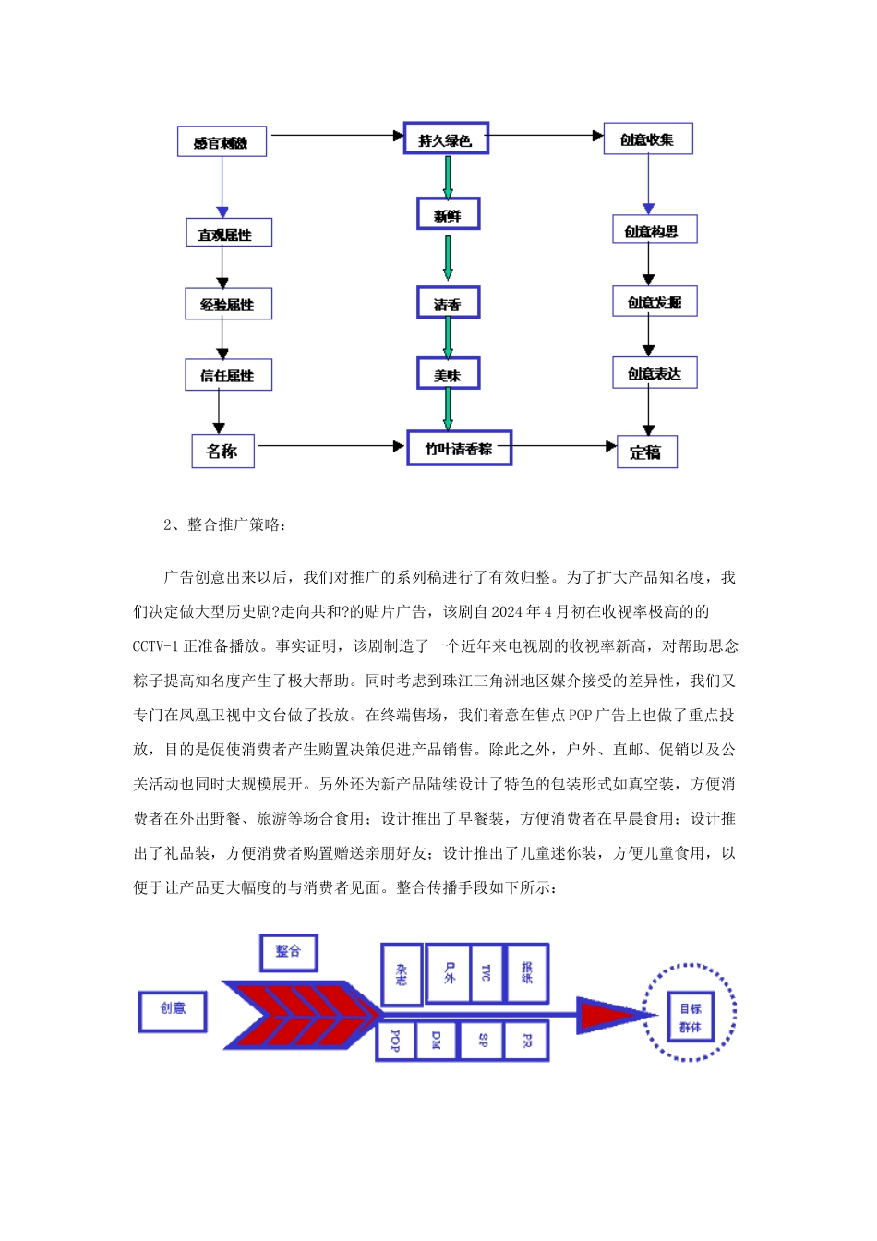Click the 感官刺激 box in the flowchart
point(222,142)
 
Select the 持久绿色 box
point(446,139)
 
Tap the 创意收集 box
point(648,139)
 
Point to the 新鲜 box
point(448,215)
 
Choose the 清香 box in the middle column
point(448,304)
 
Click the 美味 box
point(448,375)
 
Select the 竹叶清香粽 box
point(459,449)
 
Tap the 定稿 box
point(646,452)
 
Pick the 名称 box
point(222,452)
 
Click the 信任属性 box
point(228,376)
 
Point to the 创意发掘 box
point(655,302)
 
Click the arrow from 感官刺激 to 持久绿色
point(337,136)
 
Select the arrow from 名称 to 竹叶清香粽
point(330,446)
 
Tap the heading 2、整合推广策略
point(225,525)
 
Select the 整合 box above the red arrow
point(288,951)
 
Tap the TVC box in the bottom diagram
point(487,972)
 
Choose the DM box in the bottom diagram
point(437,1041)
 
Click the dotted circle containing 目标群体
point(690,1013)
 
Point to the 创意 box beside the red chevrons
point(173,1010)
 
